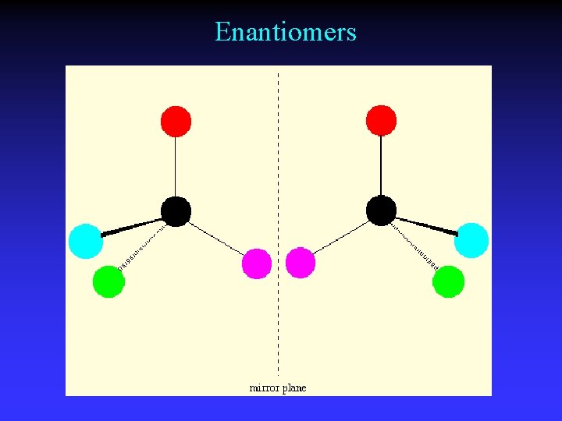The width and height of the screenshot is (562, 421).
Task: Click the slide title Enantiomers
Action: click(x=286, y=32)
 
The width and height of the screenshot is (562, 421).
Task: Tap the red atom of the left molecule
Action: click(x=176, y=121)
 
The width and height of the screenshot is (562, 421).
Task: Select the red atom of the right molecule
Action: click(x=381, y=121)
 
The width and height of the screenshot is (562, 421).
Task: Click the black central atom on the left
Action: click(x=176, y=211)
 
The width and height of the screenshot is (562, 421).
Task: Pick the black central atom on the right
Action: click(x=381, y=211)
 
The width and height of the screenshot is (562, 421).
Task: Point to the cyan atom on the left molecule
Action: click(x=85, y=240)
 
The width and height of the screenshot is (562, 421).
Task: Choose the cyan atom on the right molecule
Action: click(x=471, y=240)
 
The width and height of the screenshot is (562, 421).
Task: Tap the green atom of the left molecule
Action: click(x=108, y=281)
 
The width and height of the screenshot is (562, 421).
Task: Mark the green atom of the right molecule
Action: click(x=448, y=281)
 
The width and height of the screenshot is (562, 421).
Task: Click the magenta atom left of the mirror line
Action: click(x=257, y=264)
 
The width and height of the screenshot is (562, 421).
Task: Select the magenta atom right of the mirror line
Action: click(x=301, y=264)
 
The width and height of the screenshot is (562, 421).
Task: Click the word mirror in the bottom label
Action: click(x=264, y=387)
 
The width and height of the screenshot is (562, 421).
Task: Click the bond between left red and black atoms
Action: click(x=176, y=166)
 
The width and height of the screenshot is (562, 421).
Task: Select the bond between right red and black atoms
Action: click(x=381, y=166)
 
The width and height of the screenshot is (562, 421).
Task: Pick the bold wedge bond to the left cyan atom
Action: click(x=131, y=227)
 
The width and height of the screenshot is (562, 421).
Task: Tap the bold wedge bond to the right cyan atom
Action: click(x=426, y=227)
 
